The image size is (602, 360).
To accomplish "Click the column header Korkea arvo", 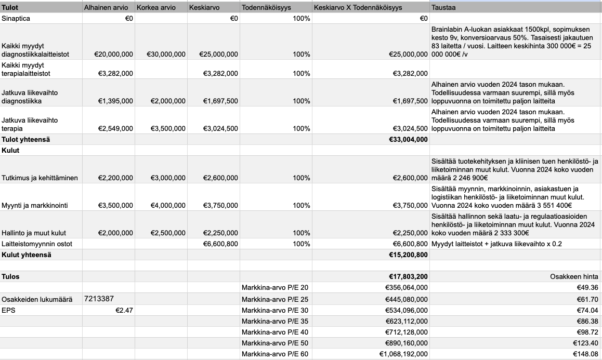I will click(x=156, y=8).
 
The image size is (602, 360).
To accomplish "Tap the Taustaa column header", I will click(x=444, y=8).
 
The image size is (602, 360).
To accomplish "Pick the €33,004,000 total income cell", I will click(x=408, y=139).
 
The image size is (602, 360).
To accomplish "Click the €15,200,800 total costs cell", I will click(x=408, y=255).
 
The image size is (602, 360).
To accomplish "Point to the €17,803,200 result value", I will click(x=408, y=277).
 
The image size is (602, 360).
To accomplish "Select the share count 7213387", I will click(x=99, y=299).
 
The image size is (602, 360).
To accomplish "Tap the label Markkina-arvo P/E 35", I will click(x=275, y=321).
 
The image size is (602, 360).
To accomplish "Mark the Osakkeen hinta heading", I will click(x=574, y=277).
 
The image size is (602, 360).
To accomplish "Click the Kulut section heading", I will click(x=11, y=150).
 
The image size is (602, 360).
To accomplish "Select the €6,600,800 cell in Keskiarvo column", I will click(x=220, y=244).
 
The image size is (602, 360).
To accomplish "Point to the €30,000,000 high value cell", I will click(x=166, y=54).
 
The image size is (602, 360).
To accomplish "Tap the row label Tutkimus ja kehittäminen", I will click(x=40, y=178).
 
